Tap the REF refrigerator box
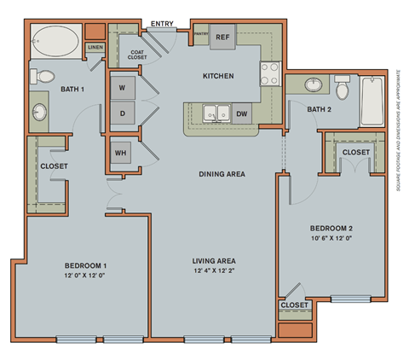pos(223,38)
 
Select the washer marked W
pos(123,88)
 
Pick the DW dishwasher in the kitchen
pos(242,113)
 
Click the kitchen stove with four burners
pos(270,73)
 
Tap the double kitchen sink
pos(214,112)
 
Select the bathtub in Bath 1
pos(55,40)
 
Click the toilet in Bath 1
pos(39,77)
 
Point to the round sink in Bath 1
pos(41,113)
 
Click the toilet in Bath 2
pos(343,89)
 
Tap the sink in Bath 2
pos(313,85)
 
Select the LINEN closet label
pos(95,48)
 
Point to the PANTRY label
pos(201,33)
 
